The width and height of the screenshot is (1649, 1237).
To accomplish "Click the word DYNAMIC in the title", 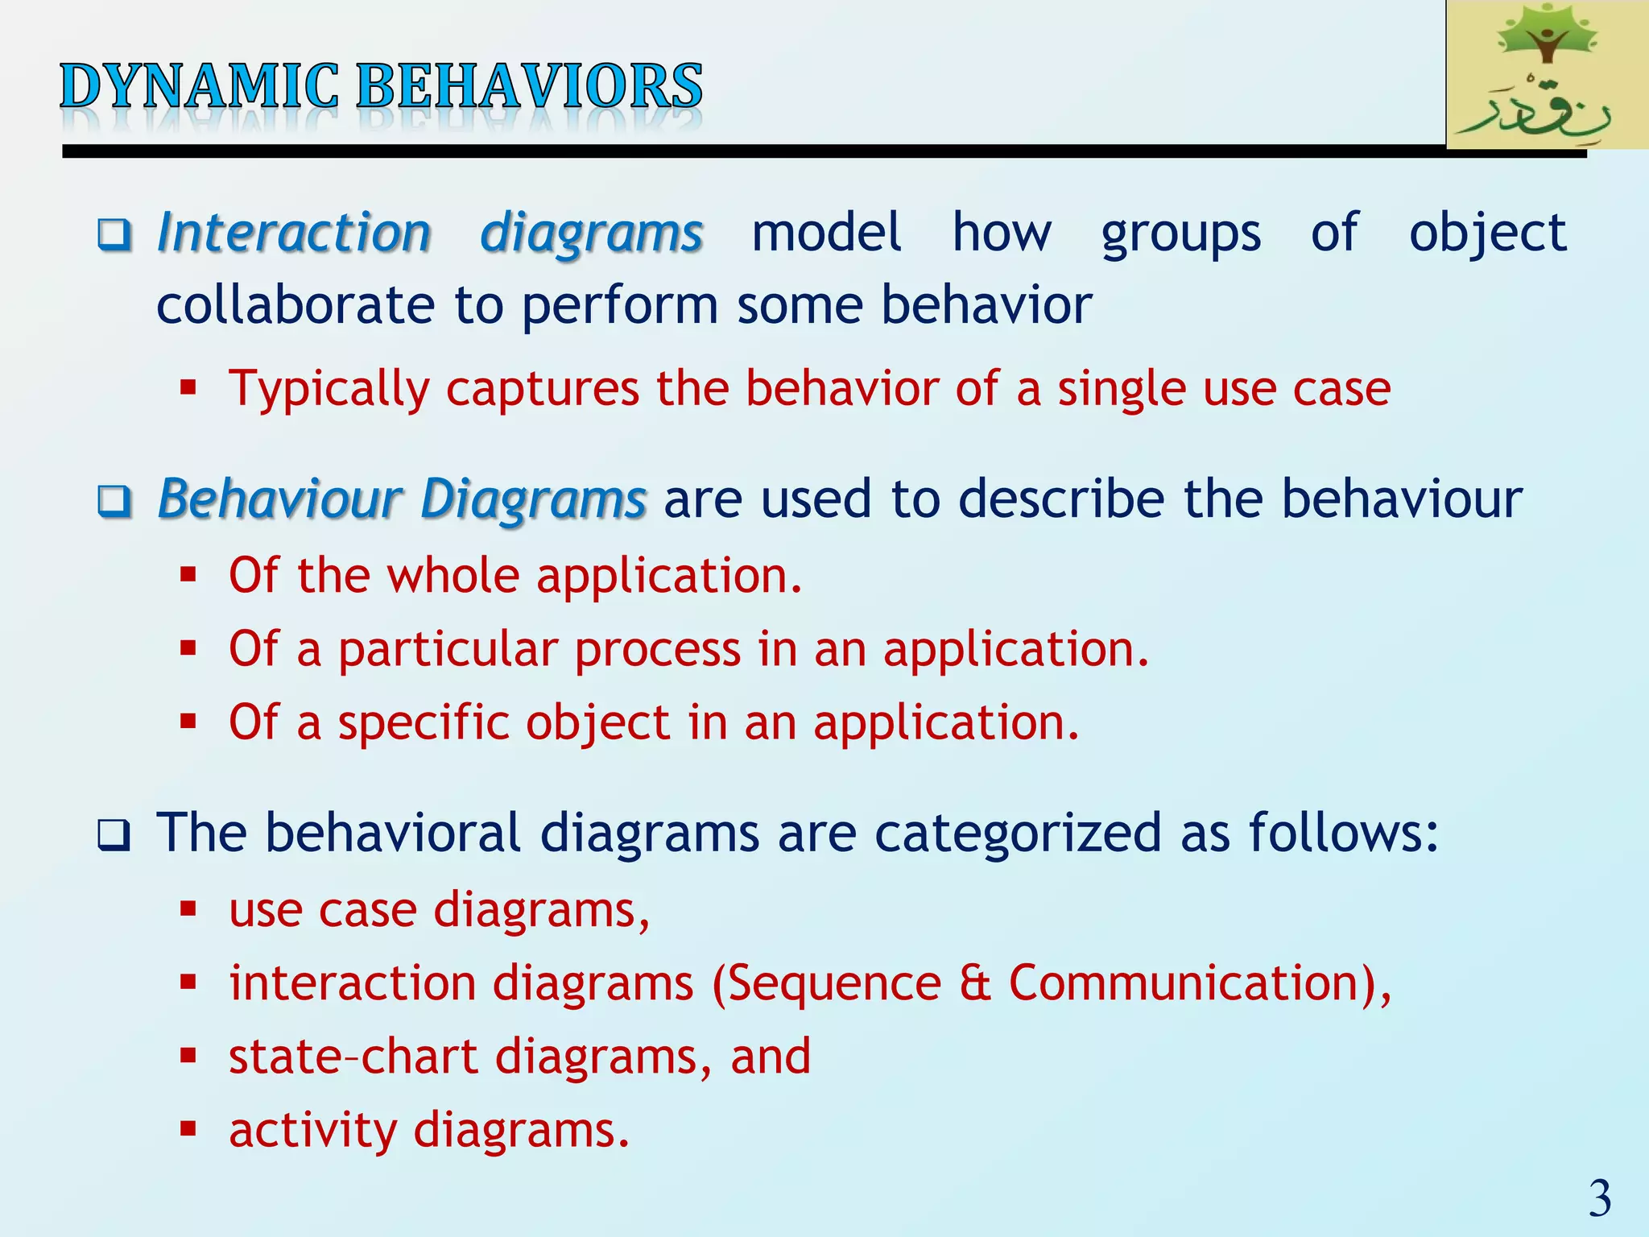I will tap(200, 86).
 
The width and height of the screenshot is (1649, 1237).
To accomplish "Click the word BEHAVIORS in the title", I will tap(529, 86).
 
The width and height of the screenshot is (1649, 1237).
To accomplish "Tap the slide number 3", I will tap(1599, 1198).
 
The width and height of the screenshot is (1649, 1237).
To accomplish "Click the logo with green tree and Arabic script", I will tap(1547, 75).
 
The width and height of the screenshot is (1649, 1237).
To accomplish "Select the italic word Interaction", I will tap(294, 234).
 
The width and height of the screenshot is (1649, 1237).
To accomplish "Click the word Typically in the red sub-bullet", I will tap(329, 389).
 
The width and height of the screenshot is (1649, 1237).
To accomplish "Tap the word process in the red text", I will tap(657, 649).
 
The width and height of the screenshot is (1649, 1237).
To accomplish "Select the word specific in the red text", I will tap(423, 722).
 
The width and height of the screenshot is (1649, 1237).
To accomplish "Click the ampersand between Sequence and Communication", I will tap(975, 984).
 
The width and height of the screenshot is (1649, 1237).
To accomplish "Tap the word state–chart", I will tap(353, 1057).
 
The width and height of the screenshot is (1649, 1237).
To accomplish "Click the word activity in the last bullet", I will tap(313, 1131).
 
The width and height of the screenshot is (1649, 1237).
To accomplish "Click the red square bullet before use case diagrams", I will tap(188, 910).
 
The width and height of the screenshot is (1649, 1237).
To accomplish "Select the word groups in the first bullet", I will tap(1180, 234).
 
